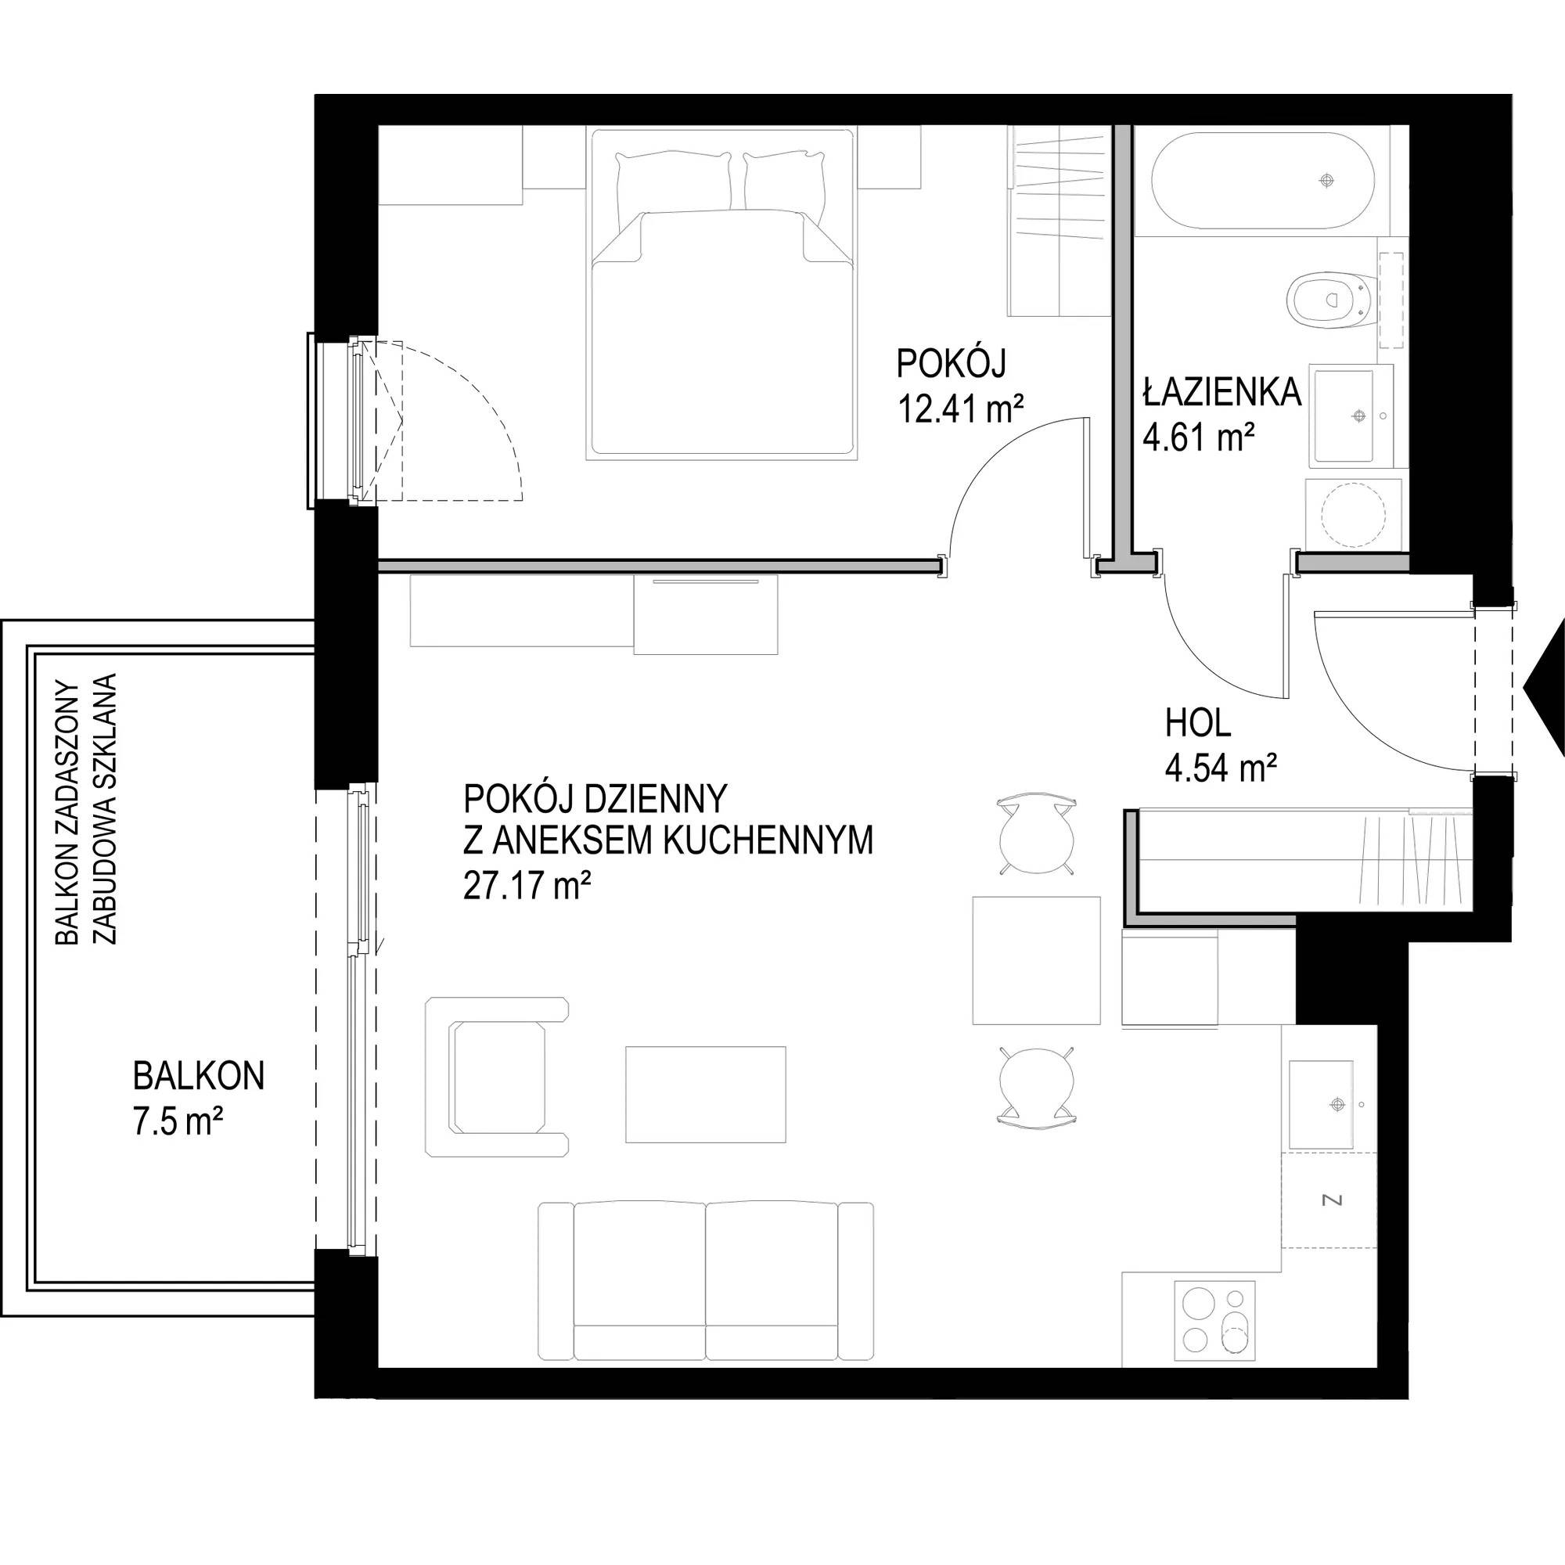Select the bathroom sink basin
coord(1342,416)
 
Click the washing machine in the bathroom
coord(1354,513)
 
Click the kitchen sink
coord(1320,1104)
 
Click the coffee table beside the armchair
coord(706,1094)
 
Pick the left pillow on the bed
coord(673,190)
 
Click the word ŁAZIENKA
coord(1222,392)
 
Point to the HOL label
coord(1198,723)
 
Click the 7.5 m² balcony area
coord(178,1126)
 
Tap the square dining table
coord(1036,961)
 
